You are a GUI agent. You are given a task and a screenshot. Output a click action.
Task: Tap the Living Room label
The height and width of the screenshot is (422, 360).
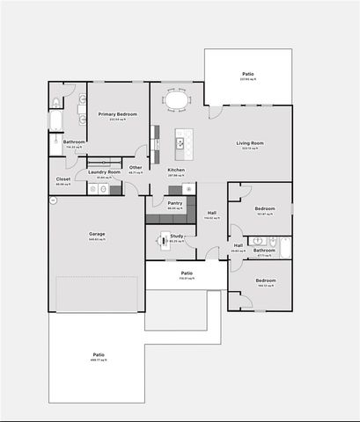(x=251, y=143)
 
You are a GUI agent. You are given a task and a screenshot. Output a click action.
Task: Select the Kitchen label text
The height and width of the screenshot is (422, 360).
(x=176, y=170)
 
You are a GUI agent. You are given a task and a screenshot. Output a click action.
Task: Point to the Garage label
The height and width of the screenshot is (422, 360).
(x=97, y=234)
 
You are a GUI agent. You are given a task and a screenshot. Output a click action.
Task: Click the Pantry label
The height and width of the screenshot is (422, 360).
(x=175, y=203)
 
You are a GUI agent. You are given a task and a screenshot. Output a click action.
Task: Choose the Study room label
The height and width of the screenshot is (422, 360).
(x=177, y=235)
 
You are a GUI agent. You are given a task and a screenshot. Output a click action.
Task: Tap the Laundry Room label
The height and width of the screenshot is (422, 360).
(x=105, y=171)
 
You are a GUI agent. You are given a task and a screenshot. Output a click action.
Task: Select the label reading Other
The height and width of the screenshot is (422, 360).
(x=136, y=167)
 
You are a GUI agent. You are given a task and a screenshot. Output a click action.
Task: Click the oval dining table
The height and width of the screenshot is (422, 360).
(x=177, y=101)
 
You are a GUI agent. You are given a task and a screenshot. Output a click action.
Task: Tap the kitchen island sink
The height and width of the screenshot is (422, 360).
(x=181, y=142)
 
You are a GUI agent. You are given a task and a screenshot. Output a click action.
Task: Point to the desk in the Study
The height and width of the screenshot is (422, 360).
(x=164, y=239)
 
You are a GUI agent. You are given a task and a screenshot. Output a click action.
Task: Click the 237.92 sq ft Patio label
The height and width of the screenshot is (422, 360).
(x=249, y=74)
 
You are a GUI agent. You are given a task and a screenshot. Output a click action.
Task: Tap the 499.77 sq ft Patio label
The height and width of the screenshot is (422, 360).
(x=99, y=355)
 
